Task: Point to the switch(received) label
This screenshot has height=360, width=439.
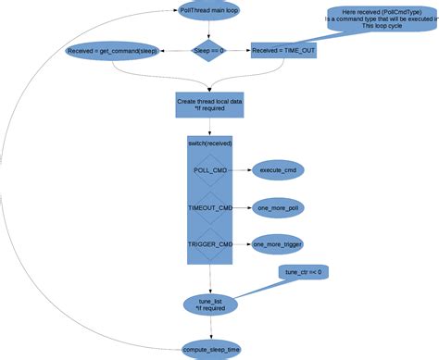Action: (x=210, y=143)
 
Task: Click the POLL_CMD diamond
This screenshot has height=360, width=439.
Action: (x=210, y=171)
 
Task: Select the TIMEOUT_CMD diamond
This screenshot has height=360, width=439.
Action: (x=210, y=208)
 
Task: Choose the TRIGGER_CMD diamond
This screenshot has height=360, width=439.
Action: (x=210, y=245)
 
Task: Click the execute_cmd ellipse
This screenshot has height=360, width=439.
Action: (x=278, y=171)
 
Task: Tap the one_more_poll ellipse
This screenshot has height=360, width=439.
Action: (x=278, y=208)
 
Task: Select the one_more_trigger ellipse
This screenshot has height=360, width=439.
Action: (x=278, y=245)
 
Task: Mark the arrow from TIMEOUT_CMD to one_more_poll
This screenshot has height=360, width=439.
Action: (x=243, y=208)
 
